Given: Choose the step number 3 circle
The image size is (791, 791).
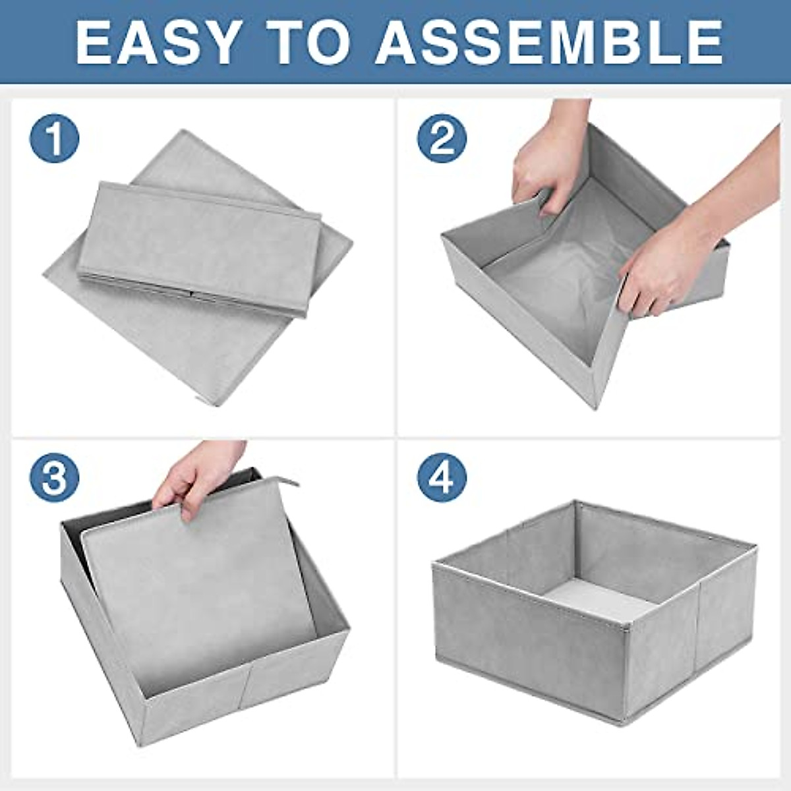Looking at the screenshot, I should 54,477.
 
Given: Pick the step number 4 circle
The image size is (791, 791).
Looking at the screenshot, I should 442,477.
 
